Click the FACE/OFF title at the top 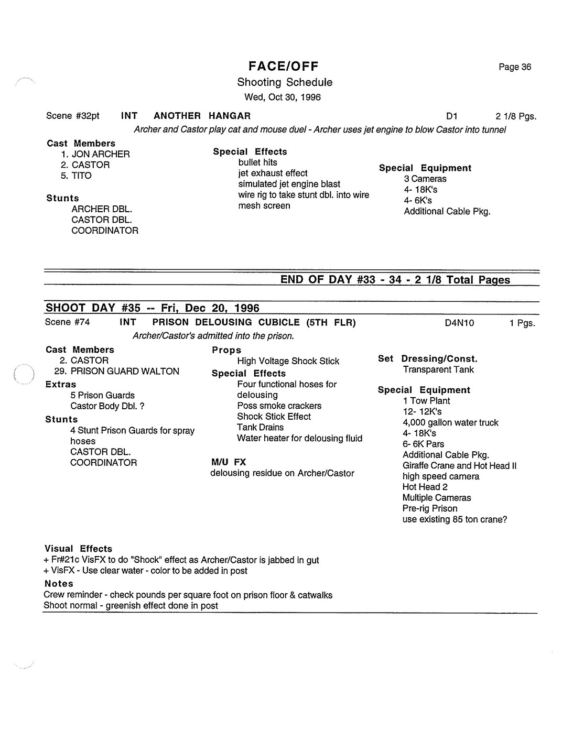click(284, 66)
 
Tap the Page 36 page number click(515, 67)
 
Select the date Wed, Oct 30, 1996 click(283, 97)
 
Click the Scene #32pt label click(73, 116)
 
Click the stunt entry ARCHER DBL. click(102, 209)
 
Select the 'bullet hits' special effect click(257, 162)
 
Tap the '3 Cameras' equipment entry click(425, 179)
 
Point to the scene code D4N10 click(459, 323)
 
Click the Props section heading click(226, 350)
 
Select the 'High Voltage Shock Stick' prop click(288, 361)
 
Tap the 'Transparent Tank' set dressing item click(438, 369)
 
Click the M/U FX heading click(228, 462)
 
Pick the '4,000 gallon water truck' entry click(450, 422)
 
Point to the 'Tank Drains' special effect click(260, 427)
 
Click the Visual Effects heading click(78, 549)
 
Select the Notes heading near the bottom click(59, 584)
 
